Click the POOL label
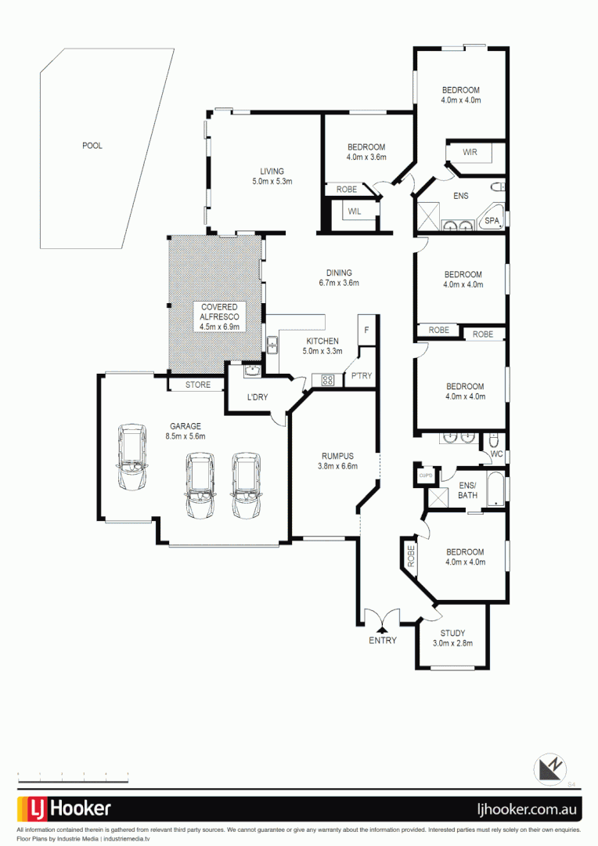click(x=92, y=146)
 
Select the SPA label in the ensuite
click(x=492, y=221)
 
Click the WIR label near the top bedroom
click(x=470, y=152)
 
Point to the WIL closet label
click(x=355, y=211)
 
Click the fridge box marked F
click(x=366, y=330)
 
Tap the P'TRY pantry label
click(x=361, y=377)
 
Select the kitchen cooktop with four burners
click(x=327, y=381)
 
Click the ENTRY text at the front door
click(x=383, y=640)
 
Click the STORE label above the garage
click(x=198, y=385)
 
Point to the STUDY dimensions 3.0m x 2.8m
click(x=452, y=644)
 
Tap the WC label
click(x=495, y=454)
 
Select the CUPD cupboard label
click(x=426, y=475)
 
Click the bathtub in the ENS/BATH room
click(x=496, y=490)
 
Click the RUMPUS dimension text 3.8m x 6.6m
click(x=338, y=466)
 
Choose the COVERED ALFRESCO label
click(x=219, y=316)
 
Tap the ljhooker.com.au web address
click(x=529, y=809)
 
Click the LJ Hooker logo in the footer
click(x=65, y=808)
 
